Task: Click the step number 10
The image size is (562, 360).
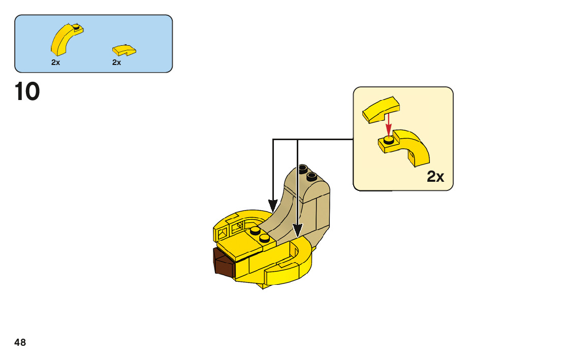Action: point(27,92)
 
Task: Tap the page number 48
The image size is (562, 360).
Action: point(20,342)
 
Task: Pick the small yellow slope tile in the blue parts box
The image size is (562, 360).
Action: point(124,50)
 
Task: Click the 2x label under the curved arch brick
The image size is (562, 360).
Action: point(55,62)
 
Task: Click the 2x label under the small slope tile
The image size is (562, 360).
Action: point(116,62)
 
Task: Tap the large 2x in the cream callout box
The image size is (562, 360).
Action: point(435,176)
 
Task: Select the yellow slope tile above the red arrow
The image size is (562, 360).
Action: point(381,110)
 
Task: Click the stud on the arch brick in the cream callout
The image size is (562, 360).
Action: point(389,140)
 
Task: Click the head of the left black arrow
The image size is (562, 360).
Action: point(273,206)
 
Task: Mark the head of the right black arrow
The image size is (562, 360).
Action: point(297,231)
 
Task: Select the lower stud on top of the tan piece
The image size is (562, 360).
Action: point(311,176)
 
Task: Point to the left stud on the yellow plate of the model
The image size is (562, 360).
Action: point(255,231)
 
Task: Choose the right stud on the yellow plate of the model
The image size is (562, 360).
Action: point(265,238)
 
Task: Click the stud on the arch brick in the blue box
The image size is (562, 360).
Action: point(76,26)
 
